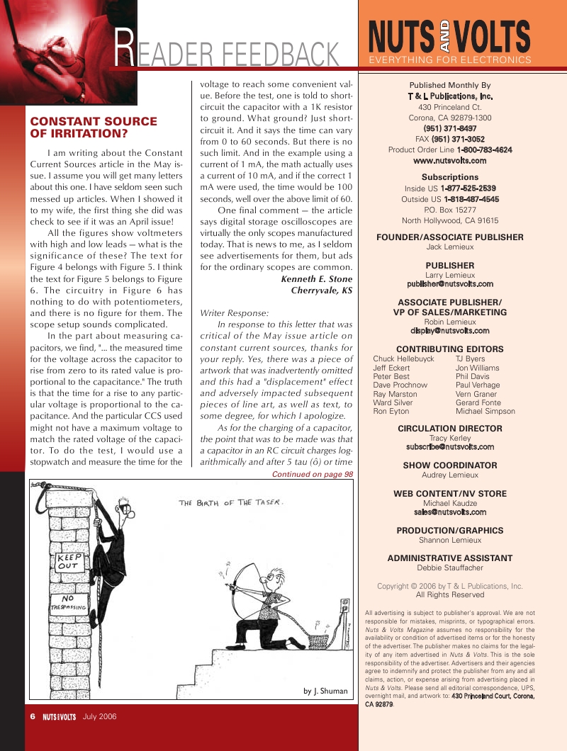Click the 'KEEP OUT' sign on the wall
coord(69,562)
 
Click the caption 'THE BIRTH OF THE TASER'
coord(232,502)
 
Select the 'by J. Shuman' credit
coord(325,690)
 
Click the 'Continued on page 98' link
coord(313,474)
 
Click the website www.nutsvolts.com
coord(449,161)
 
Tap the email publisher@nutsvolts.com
coord(450,283)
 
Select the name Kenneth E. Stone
coord(317,279)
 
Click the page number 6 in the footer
coord(33,716)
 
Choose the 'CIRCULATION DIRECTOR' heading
coord(450,429)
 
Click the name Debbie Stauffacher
coord(450,568)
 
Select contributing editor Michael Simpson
coord(485,411)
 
